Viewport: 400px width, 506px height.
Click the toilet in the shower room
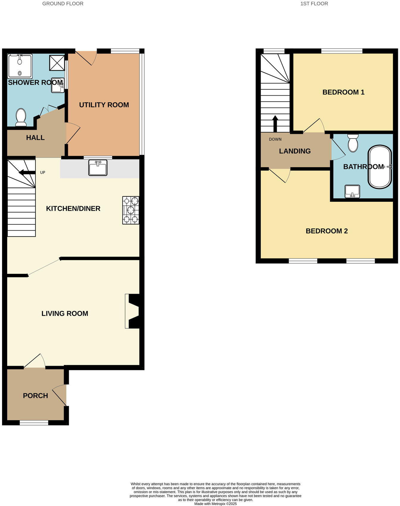coord(21,117)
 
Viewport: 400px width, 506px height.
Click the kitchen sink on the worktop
coord(98,167)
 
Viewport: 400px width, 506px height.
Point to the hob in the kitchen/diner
coord(131,210)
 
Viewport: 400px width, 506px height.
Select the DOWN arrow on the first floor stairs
coord(275,123)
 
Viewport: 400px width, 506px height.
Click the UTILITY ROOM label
coord(104,105)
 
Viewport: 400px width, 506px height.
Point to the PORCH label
coord(35,396)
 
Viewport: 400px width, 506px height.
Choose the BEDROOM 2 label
coord(326,231)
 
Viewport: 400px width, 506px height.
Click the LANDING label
coord(295,151)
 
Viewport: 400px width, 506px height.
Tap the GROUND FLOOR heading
coord(63,4)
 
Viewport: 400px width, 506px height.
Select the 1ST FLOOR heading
coord(314,4)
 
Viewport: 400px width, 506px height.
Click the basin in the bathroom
coord(352,191)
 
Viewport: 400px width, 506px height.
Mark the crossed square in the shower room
coord(57,62)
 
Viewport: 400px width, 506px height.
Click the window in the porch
coord(34,423)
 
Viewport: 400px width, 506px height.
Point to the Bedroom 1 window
coord(341,51)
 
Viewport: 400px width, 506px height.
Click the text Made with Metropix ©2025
coord(215,504)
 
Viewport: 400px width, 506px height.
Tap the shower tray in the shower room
coord(20,66)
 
